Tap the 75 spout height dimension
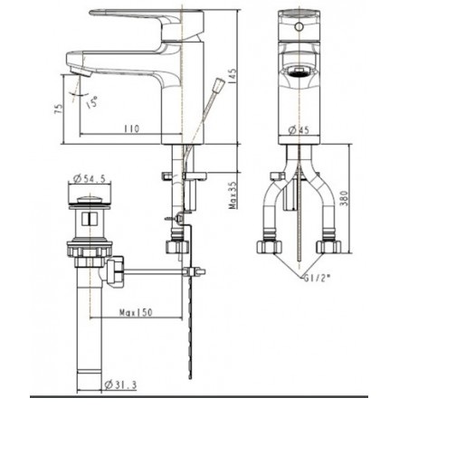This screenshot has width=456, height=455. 58,109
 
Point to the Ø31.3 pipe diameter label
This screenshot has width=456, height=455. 119,385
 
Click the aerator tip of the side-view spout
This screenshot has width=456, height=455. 76,67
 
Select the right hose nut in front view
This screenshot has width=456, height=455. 328,246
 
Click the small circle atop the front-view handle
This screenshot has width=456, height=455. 298,27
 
